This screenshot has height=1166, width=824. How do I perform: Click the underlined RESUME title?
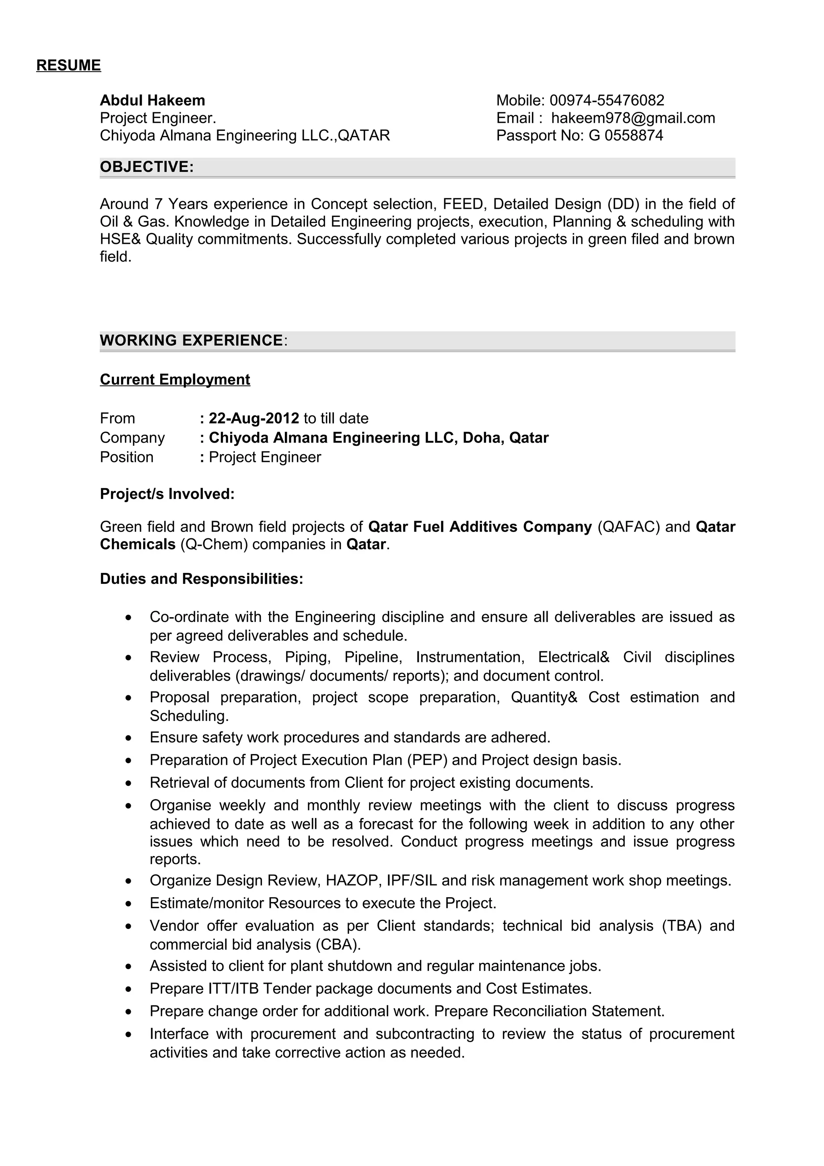(x=68, y=66)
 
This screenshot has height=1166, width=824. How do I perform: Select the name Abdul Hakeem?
(x=152, y=100)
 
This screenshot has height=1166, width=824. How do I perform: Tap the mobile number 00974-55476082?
(x=607, y=100)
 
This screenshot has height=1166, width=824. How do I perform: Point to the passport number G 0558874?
(x=626, y=136)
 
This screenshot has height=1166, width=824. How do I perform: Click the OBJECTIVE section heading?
(x=147, y=167)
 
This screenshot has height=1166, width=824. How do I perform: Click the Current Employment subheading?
(x=175, y=379)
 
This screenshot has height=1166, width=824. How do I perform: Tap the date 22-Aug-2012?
(x=254, y=418)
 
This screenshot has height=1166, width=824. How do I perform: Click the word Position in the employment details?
(x=126, y=457)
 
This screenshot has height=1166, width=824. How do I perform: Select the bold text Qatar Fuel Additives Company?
(x=480, y=527)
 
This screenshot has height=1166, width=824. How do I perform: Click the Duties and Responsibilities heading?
(x=201, y=579)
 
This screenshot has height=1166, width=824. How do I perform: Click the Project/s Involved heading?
(x=167, y=494)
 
